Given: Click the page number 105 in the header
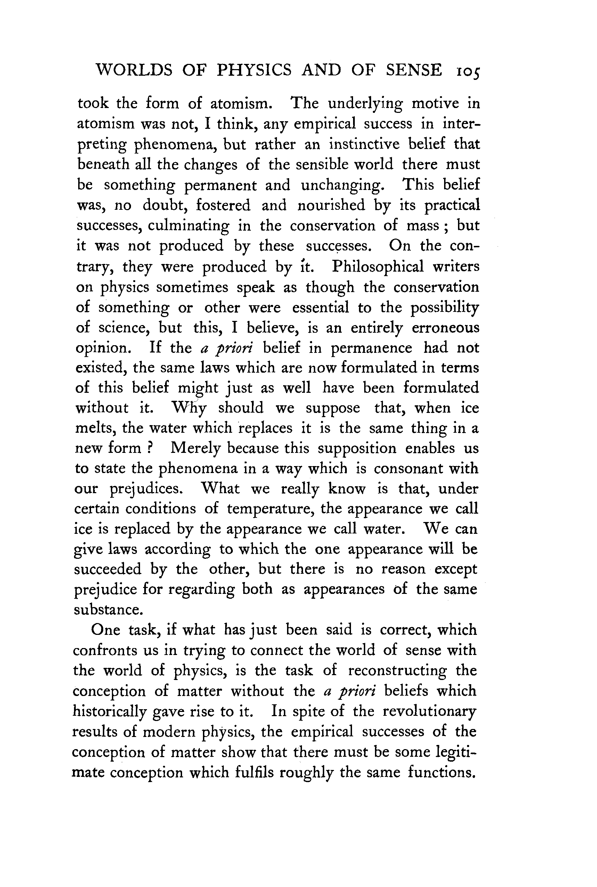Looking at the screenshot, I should [x=467, y=72].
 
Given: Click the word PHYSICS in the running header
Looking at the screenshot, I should [x=254, y=71].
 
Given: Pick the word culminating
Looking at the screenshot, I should [x=188, y=226].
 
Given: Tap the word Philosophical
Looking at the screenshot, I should [x=378, y=266].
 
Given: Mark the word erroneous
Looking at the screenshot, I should [x=445, y=328].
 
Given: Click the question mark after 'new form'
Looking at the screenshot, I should [x=150, y=448].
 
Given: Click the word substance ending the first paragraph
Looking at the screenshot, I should [x=108, y=610].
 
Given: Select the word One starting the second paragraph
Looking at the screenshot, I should [x=105, y=630].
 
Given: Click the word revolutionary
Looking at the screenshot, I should [x=429, y=711].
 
